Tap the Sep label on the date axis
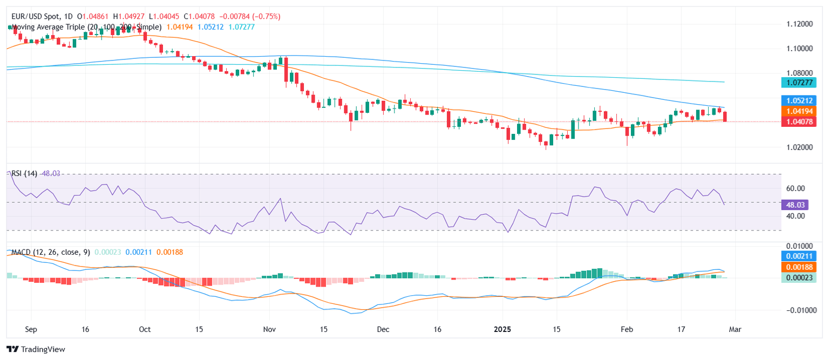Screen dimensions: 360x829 [31, 328]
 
